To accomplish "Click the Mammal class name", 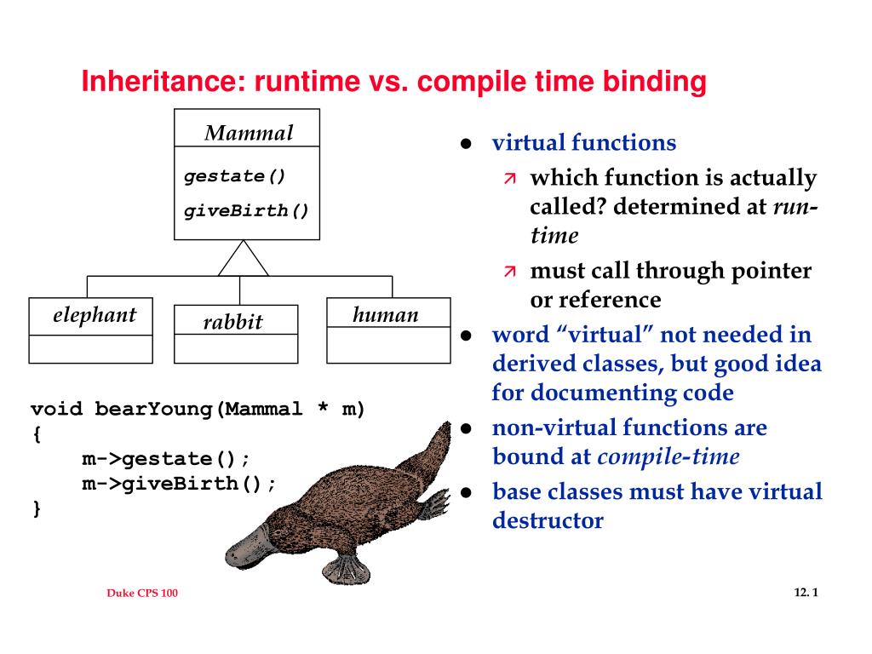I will (248, 133).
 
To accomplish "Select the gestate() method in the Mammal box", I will (235, 176).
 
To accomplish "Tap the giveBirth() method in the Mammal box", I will (247, 209).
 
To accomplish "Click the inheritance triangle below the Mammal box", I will (243, 260).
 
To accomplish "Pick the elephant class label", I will (94, 315).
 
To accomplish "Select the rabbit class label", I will (232, 322).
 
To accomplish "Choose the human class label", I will (386, 315).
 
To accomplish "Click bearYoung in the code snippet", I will (154, 409).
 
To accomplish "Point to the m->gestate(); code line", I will (166, 459).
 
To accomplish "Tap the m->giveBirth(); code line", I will (179, 484).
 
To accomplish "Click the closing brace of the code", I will (37, 508).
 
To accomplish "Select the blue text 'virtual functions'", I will (583, 143).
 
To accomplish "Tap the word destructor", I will (547, 520).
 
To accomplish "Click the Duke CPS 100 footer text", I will (142, 594).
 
